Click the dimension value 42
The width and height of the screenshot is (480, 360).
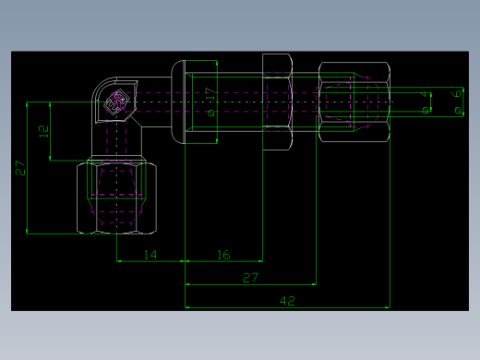(287, 301)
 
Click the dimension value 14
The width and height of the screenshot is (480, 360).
(150, 255)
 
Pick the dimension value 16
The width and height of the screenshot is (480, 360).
(223, 255)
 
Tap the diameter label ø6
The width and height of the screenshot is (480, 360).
(457, 101)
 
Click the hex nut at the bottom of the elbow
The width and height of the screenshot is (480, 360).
(116, 194)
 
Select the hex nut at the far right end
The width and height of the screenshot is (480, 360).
(354, 102)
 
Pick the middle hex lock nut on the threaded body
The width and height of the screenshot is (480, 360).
(278, 102)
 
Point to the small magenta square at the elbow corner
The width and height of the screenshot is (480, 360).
(116, 103)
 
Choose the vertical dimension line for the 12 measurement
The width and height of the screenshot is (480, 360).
(50, 131)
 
